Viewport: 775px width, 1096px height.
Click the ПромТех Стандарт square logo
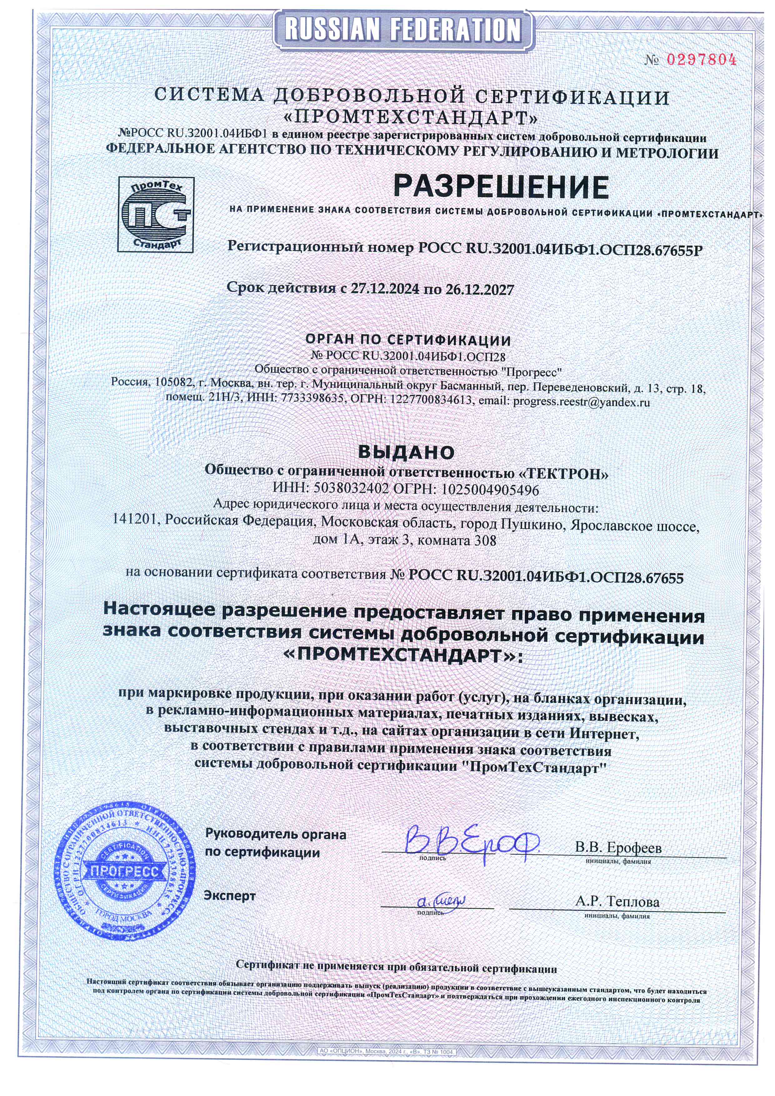[156, 214]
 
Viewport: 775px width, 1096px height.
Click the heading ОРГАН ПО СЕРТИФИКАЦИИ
[408, 340]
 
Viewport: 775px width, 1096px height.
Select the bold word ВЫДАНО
[406, 452]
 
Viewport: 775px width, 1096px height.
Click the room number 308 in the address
[485, 541]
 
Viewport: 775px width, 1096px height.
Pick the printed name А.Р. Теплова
[617, 902]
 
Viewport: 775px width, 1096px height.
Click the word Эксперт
[230, 896]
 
